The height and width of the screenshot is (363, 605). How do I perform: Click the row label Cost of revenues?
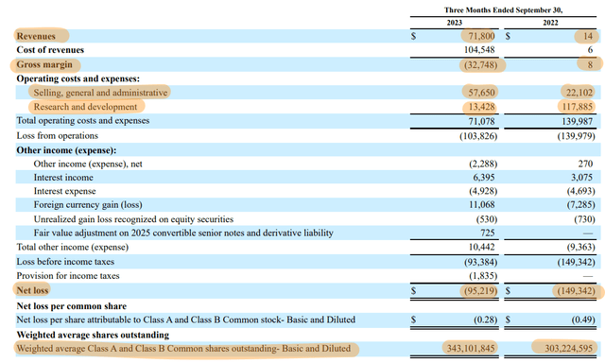tap(49, 49)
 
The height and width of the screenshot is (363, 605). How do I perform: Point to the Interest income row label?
tap(63, 177)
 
